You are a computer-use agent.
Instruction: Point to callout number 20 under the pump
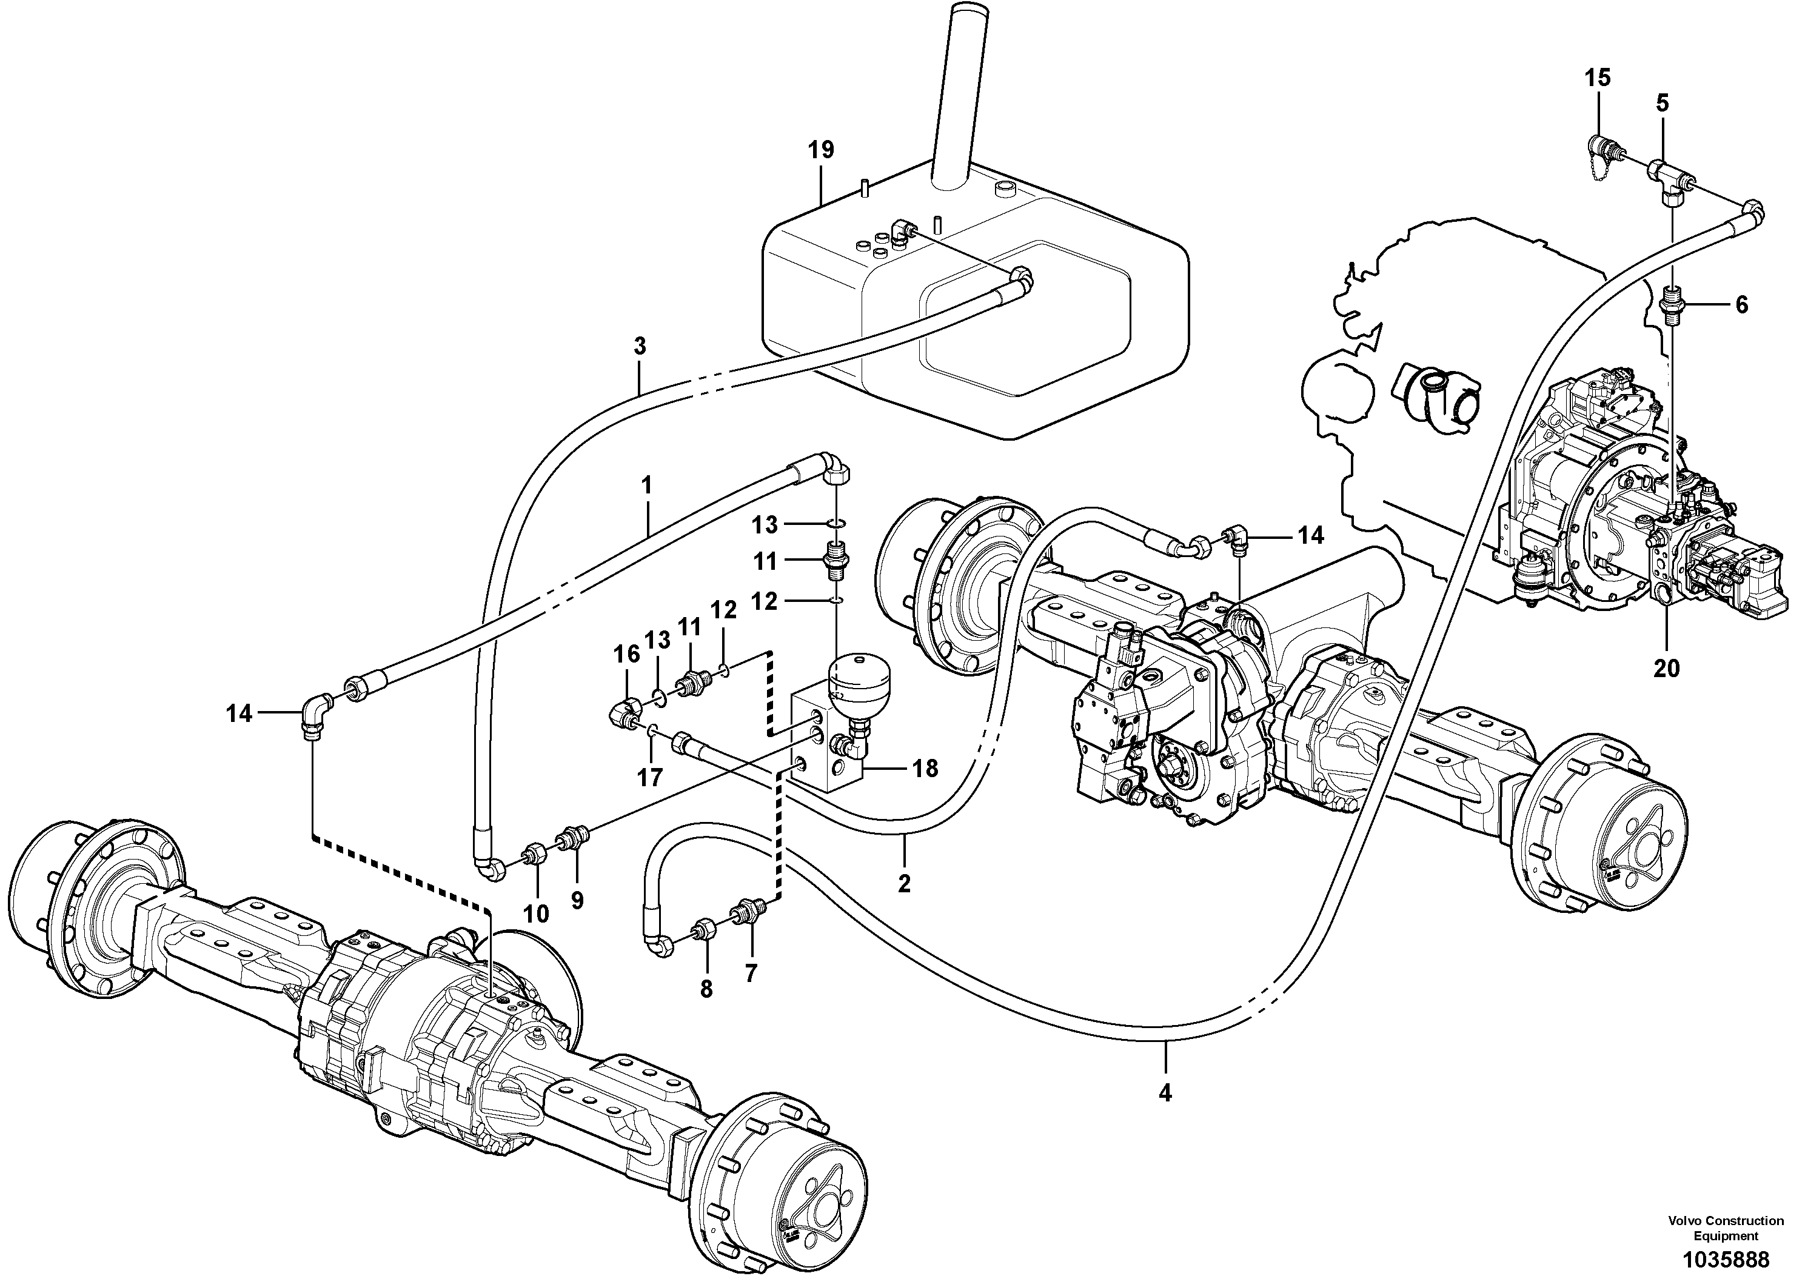(x=1666, y=668)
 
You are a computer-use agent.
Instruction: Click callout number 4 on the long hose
(x=1165, y=1092)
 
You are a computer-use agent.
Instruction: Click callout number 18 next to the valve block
(x=925, y=768)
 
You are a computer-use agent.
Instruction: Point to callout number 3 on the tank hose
(x=640, y=346)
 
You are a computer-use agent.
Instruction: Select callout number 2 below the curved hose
(x=904, y=883)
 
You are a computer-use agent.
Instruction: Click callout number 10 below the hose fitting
(x=537, y=914)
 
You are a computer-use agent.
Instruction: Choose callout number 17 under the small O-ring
(x=649, y=778)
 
